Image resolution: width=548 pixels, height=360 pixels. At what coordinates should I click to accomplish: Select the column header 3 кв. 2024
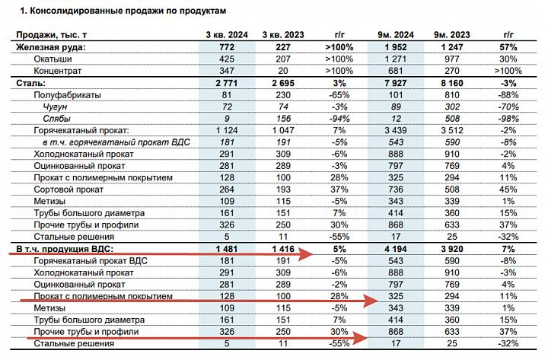pos(227,35)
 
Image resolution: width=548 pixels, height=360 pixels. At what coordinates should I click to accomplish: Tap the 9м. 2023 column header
pos(452,35)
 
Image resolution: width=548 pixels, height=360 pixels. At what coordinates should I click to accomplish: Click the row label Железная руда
pos(51,47)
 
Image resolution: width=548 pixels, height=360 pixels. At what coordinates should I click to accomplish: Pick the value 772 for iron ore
pos(227,47)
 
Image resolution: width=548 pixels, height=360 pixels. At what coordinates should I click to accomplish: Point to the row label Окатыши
pos(53,59)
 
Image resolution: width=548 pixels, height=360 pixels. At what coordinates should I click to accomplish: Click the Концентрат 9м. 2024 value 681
pos(396,71)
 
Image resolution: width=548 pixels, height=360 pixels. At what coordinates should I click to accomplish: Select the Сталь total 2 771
pos(227,83)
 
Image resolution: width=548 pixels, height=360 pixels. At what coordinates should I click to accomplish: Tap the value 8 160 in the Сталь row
pos(452,83)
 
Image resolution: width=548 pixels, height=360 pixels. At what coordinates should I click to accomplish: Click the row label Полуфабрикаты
pos(68,95)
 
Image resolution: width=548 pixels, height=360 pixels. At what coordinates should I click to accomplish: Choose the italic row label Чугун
pos(55,107)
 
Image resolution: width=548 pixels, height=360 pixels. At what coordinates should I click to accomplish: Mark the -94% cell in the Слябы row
pos(339,119)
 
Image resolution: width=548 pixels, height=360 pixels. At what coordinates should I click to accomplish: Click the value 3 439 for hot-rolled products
pos(396,131)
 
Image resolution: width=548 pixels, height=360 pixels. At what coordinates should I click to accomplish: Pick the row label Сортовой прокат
pos(68,190)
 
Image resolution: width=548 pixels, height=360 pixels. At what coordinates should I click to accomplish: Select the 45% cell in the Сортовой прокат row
pos(508,190)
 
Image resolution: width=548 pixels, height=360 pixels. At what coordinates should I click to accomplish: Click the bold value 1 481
pos(227,249)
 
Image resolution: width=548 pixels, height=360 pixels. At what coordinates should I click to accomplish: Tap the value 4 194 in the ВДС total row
pos(396,249)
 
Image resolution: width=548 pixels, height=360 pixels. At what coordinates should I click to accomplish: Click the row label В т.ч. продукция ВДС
pos(65,249)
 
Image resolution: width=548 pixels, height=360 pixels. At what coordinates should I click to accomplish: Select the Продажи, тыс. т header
pos(52,35)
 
